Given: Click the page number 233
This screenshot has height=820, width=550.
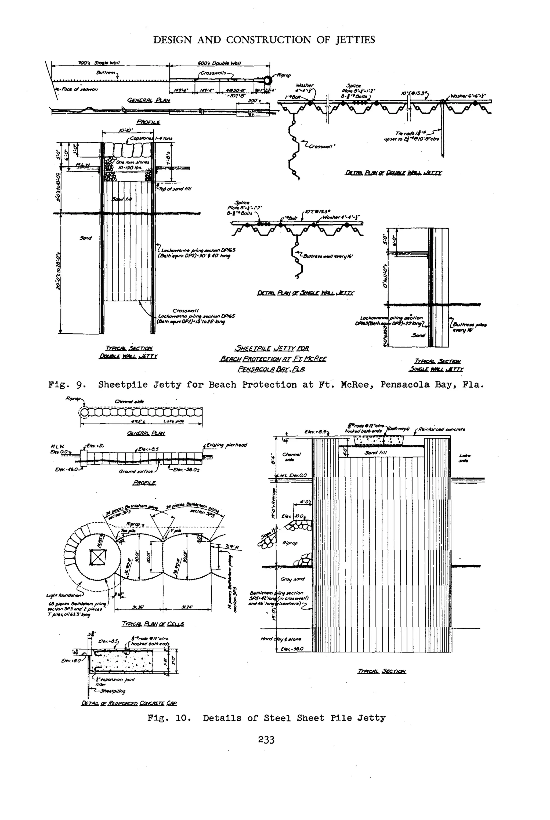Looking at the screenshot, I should [x=266, y=739].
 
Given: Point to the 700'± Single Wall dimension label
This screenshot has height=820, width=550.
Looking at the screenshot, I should [x=99, y=63].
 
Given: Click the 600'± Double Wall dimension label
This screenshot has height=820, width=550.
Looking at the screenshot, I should [x=220, y=63].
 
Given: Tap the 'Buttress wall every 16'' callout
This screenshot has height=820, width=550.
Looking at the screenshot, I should [x=328, y=256].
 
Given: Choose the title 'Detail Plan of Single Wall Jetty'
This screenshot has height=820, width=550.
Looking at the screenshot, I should [x=305, y=293].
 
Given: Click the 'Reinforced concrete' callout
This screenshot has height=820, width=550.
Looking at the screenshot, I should [x=442, y=429].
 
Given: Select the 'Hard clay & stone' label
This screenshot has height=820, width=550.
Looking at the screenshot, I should [x=281, y=639].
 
